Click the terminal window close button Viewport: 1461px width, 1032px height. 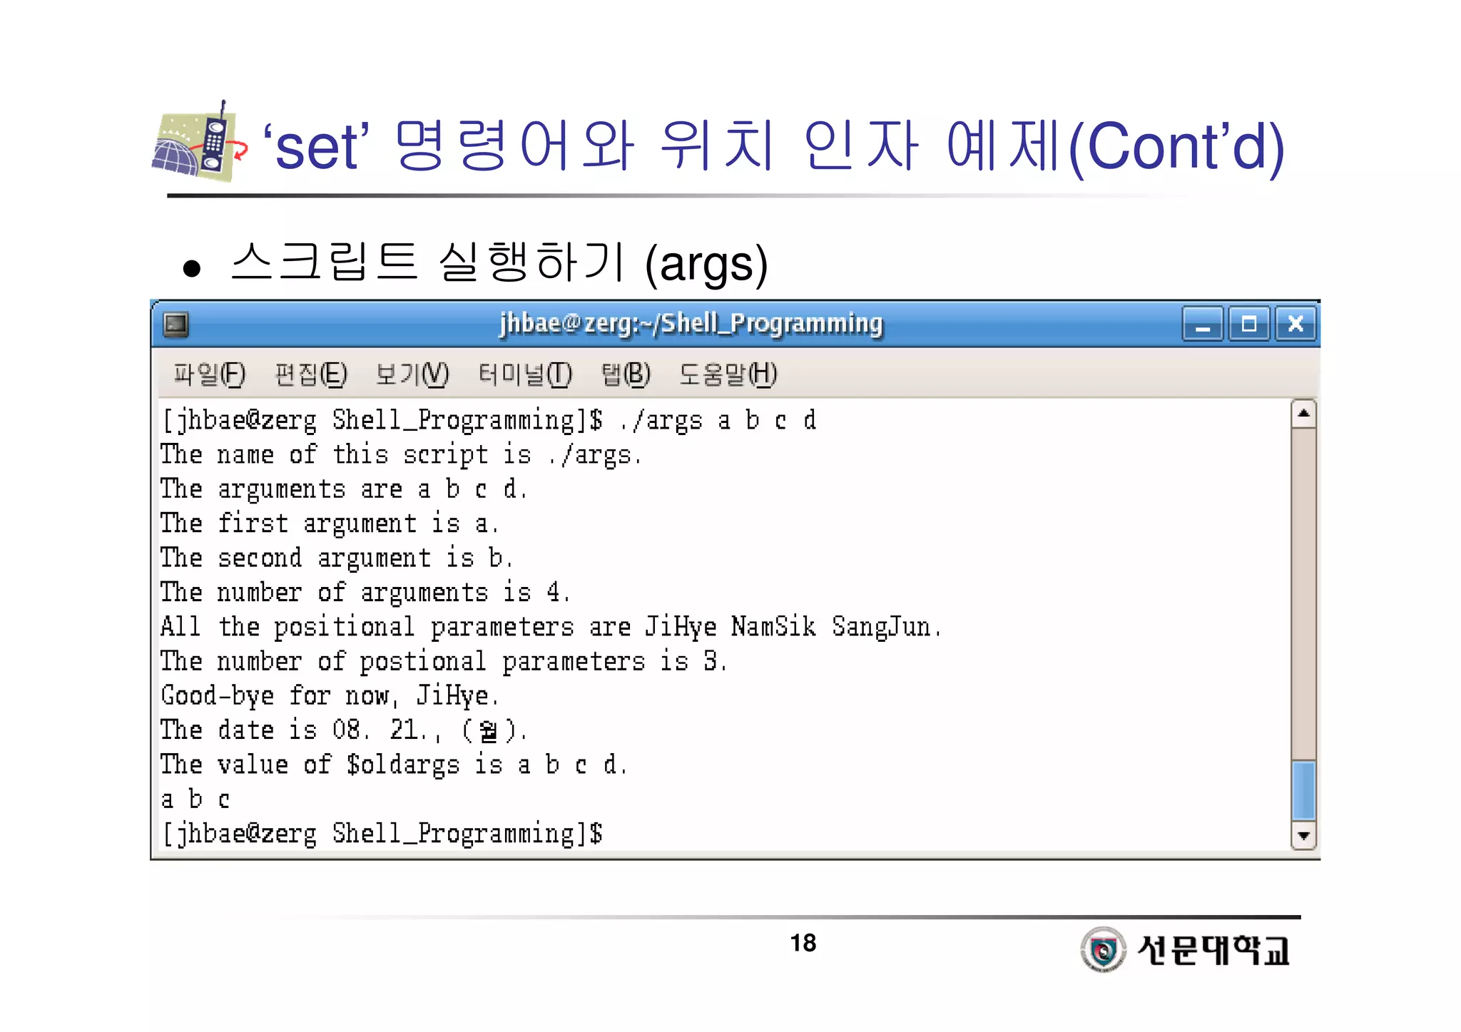(1295, 325)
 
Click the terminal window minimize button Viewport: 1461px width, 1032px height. (1203, 325)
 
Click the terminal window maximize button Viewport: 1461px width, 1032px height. (1249, 325)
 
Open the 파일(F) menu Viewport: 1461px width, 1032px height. (209, 374)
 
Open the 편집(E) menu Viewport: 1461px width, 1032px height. (311, 374)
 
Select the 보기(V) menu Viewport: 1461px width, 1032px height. (412, 374)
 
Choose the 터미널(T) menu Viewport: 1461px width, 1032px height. (525, 374)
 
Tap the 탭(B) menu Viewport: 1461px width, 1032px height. (626, 374)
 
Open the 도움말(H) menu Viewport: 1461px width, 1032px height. (728, 374)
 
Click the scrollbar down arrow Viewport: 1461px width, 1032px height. (1303, 836)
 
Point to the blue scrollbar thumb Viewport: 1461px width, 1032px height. (1303, 790)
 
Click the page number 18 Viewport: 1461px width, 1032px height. (803, 943)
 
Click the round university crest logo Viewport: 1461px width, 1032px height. (1103, 949)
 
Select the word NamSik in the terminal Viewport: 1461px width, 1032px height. (773, 627)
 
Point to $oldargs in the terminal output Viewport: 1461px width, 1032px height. (403, 765)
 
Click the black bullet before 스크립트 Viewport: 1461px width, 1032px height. (191, 268)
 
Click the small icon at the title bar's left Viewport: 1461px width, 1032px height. (175, 325)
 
